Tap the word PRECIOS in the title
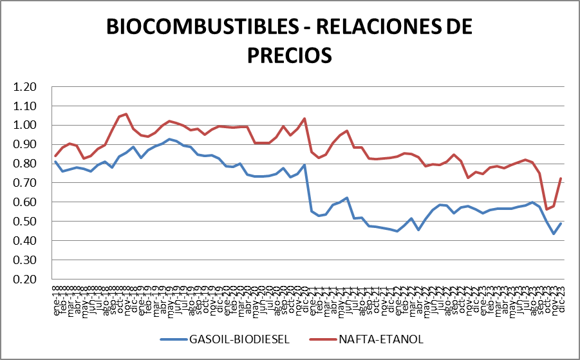coord(289,54)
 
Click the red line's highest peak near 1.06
coord(126,114)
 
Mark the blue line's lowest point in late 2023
coord(554,234)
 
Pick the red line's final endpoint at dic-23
coord(561,178)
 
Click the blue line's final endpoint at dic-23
coord(561,223)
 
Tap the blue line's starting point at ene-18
coord(55,162)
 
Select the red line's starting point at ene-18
coord(55,156)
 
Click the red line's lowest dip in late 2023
coord(547,209)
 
